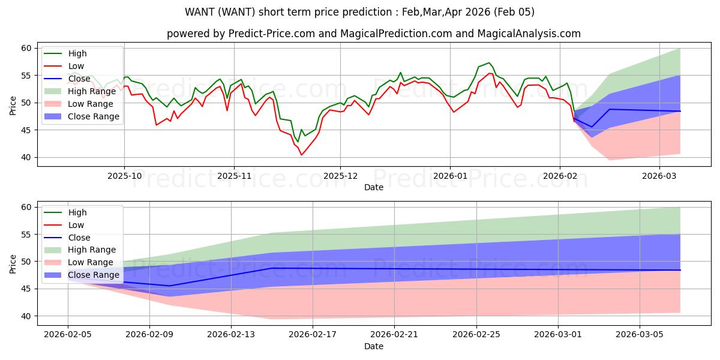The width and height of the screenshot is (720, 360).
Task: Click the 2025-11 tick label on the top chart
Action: [x=234, y=177]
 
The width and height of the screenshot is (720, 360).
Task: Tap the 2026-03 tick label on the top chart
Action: [x=659, y=177]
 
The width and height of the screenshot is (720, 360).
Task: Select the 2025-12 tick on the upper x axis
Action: [x=340, y=177]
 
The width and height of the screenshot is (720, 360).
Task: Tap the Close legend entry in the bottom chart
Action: [x=78, y=237]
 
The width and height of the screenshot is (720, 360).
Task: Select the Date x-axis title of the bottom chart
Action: [x=373, y=347]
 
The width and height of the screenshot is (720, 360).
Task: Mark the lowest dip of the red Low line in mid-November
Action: [x=301, y=155]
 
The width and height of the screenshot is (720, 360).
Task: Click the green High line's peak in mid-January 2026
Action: [x=489, y=62]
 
